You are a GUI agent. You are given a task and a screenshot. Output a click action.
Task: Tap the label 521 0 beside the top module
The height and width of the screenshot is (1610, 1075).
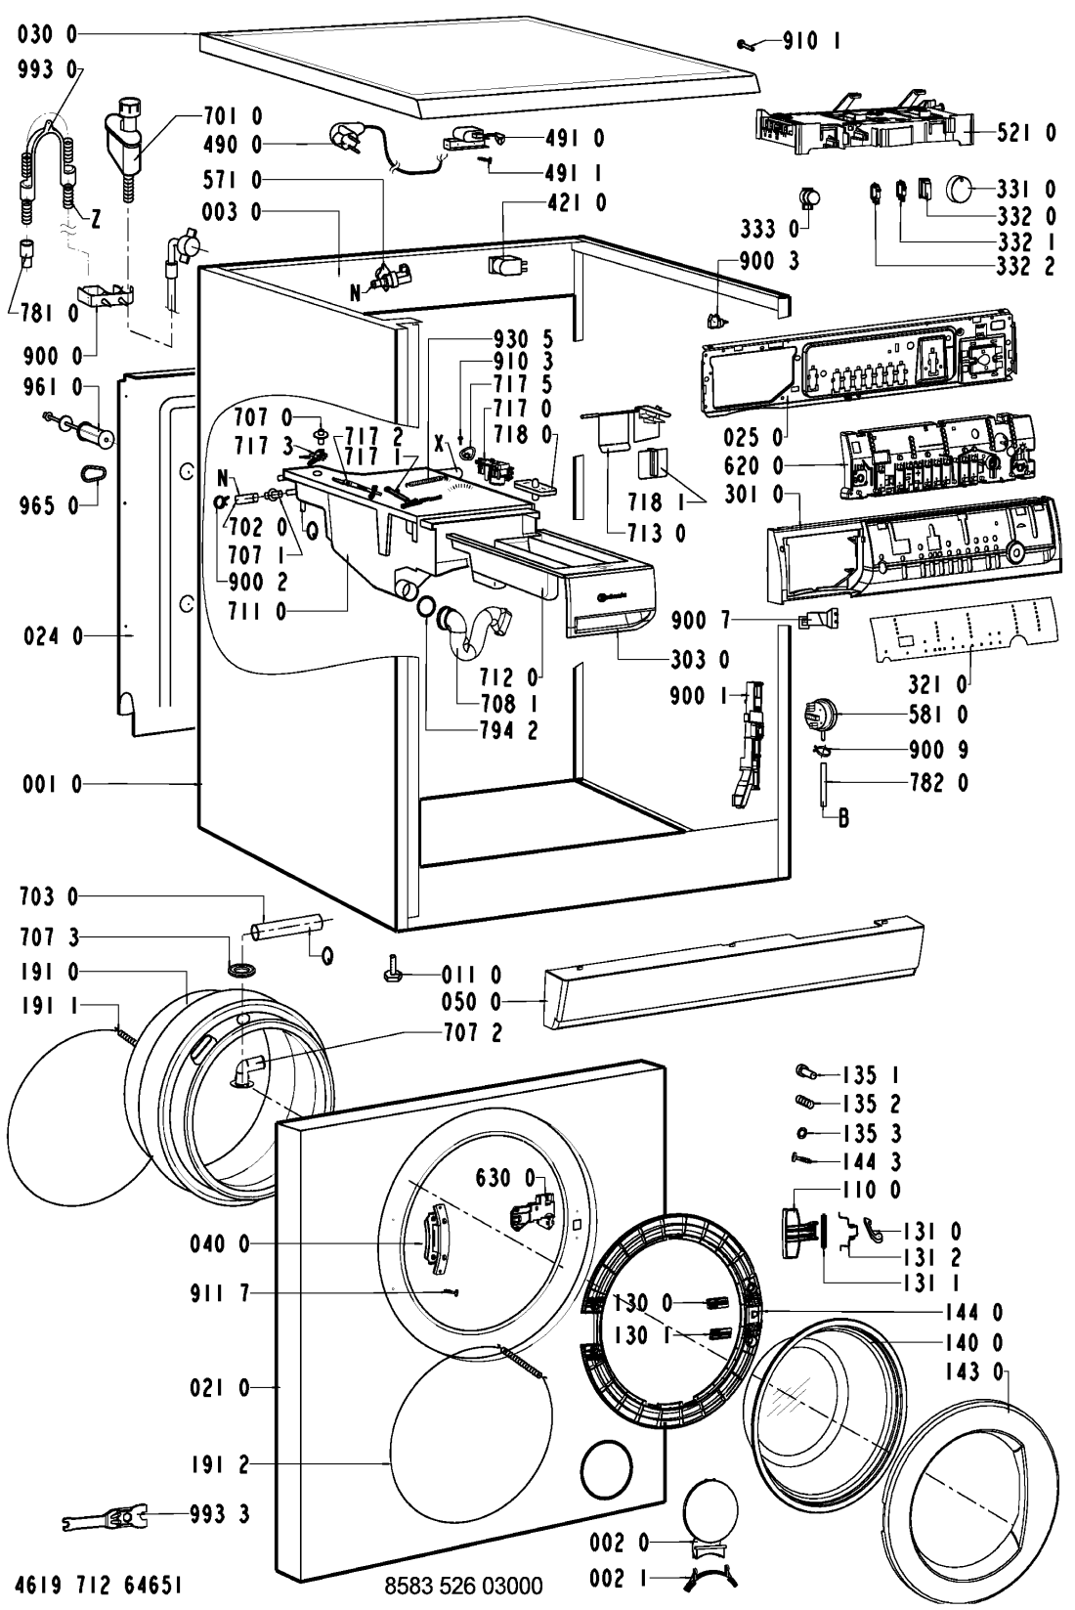pyautogui.click(x=1026, y=133)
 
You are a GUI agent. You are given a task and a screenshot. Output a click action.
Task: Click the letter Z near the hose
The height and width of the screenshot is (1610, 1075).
pyautogui.click(x=95, y=221)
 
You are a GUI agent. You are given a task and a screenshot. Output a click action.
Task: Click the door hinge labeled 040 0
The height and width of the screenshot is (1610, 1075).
pyautogui.click(x=428, y=1241)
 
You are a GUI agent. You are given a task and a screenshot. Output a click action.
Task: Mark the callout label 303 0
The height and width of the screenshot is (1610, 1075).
pyautogui.click(x=701, y=660)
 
